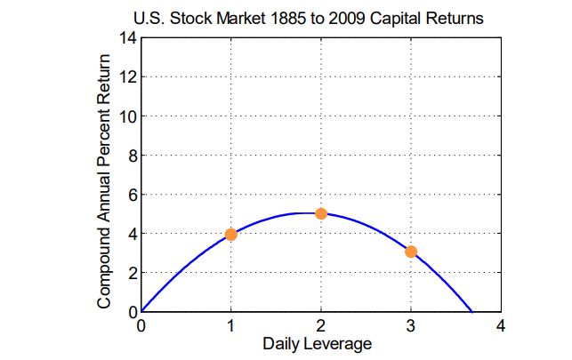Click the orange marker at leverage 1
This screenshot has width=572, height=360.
pos(231,234)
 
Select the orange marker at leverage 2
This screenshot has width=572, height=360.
pos(321,213)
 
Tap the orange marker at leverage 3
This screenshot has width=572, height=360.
pos(411,252)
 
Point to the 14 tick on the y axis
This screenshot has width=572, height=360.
pos(128,37)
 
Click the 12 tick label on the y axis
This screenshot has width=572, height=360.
pos(128,76)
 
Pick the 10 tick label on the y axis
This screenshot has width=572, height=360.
pos(128,116)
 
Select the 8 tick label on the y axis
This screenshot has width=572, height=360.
pos(132,155)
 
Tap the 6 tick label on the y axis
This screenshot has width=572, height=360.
pos(132,194)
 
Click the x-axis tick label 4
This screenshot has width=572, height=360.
pos(501,325)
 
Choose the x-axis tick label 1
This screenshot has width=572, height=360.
pos(231,325)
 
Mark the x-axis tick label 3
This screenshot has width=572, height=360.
pos(411,325)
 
